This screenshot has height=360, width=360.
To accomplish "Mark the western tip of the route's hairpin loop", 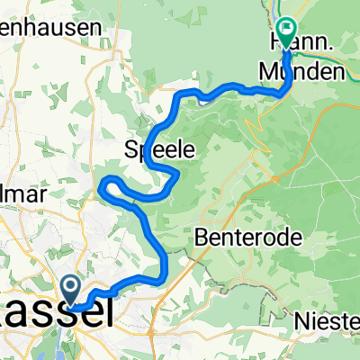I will [x=102, y=185].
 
